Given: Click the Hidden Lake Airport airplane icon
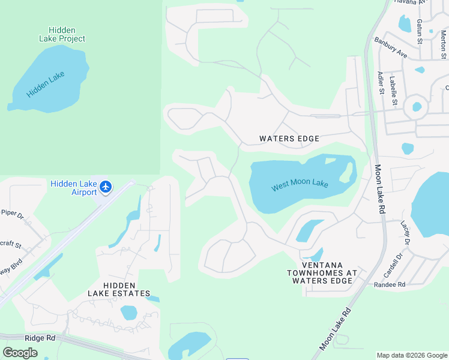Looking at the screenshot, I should point(106,187).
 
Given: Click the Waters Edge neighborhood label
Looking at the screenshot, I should point(289,139).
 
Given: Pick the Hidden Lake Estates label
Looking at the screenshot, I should point(118,289).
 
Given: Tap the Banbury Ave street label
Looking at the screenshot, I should point(391,49).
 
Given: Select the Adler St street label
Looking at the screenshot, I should point(380,83).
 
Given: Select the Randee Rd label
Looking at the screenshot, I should point(390,284).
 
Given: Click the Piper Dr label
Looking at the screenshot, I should point(11,212).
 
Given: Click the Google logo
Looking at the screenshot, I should point(20,352).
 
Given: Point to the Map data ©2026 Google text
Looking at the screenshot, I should point(411,355).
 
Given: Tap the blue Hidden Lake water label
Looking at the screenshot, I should point(46,85).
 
